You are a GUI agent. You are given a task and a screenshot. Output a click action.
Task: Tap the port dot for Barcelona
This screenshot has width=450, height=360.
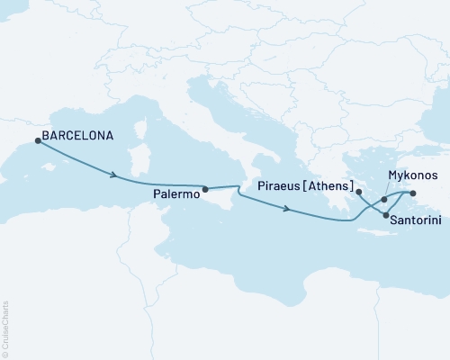pyautogui.click(x=37, y=140)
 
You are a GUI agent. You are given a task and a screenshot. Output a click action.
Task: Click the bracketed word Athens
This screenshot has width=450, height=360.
pyautogui.click(x=328, y=191)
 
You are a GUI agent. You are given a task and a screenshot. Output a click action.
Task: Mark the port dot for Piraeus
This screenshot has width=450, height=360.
pyautogui.click(x=358, y=192)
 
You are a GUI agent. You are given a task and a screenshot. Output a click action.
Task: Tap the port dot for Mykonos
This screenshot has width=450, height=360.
pyautogui.click(x=384, y=199)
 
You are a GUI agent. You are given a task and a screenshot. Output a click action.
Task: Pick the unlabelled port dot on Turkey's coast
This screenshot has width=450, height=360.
pyautogui.click(x=412, y=193)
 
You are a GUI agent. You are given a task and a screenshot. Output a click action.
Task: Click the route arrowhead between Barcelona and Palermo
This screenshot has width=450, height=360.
pyautogui.click(x=113, y=175)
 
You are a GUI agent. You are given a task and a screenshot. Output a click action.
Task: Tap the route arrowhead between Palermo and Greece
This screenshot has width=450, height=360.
pyautogui.click(x=286, y=210)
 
